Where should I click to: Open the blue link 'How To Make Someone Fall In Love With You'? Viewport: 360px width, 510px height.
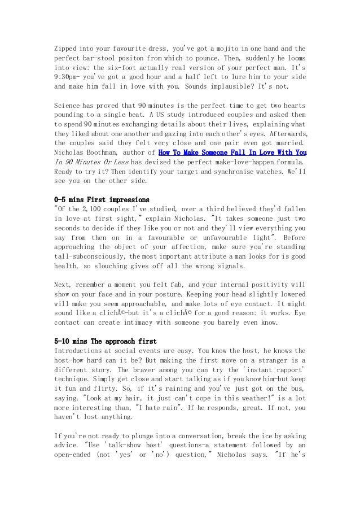click(x=232, y=152)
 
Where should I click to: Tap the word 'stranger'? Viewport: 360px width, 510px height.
click(x=271, y=360)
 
